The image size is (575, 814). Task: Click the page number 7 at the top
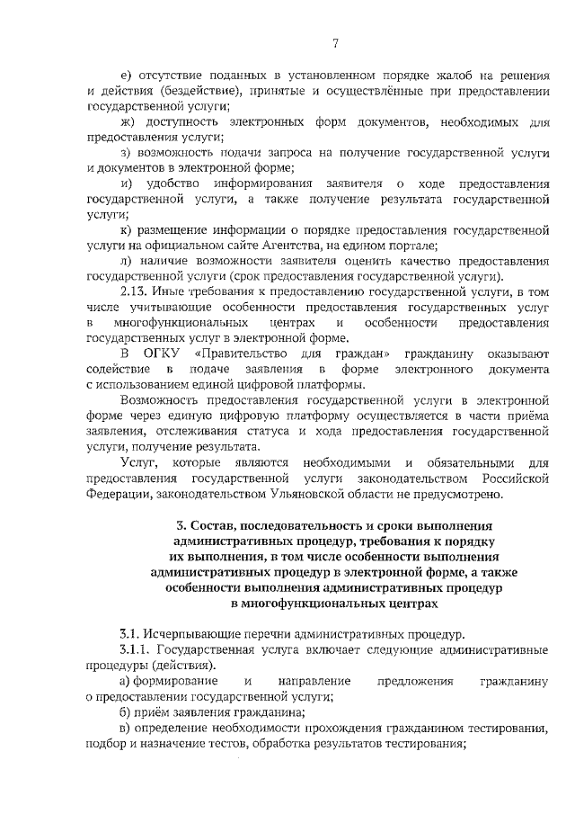(334, 42)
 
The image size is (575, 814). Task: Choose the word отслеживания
(194, 432)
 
